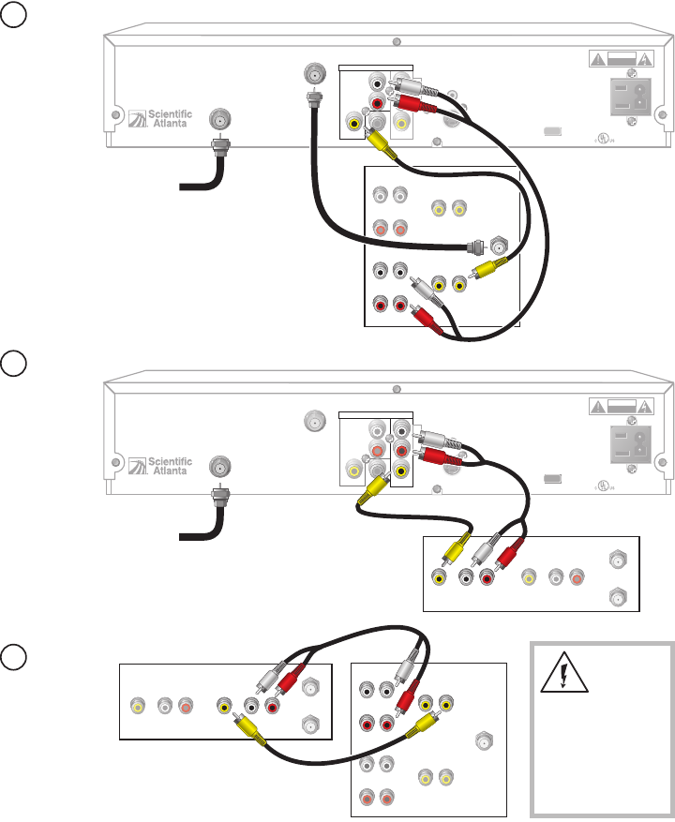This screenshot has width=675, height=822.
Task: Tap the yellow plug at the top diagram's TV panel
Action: pos(486,271)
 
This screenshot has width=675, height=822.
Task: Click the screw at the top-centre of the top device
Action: pos(397,41)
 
